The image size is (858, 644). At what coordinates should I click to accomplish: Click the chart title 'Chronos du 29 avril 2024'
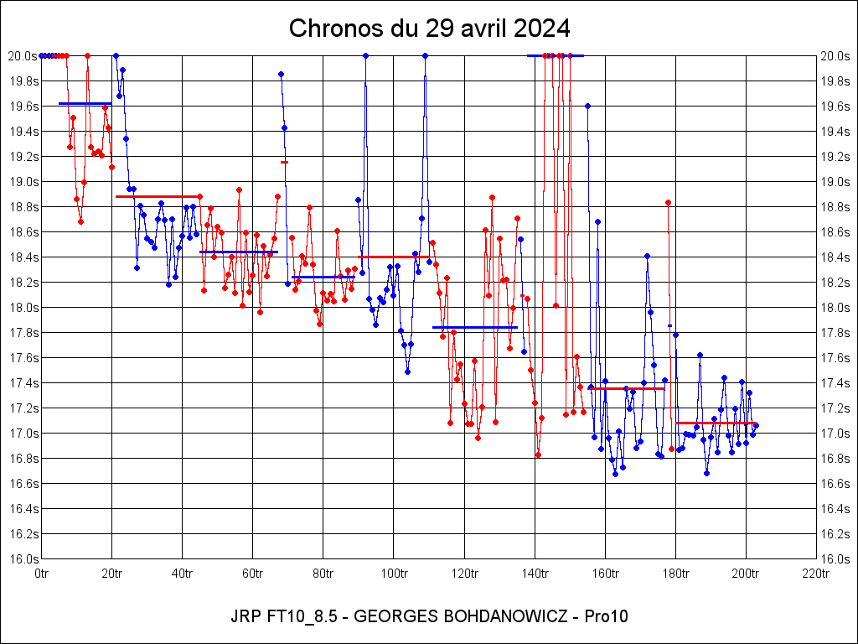click(x=429, y=28)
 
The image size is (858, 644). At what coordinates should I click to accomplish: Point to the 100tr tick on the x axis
click(x=394, y=574)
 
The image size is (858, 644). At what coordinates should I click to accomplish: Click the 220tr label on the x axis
click(x=816, y=574)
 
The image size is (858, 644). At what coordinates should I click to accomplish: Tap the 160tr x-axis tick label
click(x=605, y=574)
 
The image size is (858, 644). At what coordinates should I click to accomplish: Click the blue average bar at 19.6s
click(x=85, y=103)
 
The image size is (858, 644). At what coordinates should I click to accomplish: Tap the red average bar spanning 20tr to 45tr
click(x=158, y=196)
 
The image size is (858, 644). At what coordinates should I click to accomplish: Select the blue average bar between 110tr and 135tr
click(x=474, y=327)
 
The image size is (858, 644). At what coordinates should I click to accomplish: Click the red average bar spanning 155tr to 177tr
click(x=627, y=388)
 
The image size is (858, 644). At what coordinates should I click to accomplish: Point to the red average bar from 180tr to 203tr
click(x=715, y=423)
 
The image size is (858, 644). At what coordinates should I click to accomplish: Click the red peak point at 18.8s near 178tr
click(x=668, y=202)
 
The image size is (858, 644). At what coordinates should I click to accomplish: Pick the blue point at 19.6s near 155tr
click(x=587, y=106)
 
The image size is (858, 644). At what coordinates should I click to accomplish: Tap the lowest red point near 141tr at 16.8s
click(x=538, y=454)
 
